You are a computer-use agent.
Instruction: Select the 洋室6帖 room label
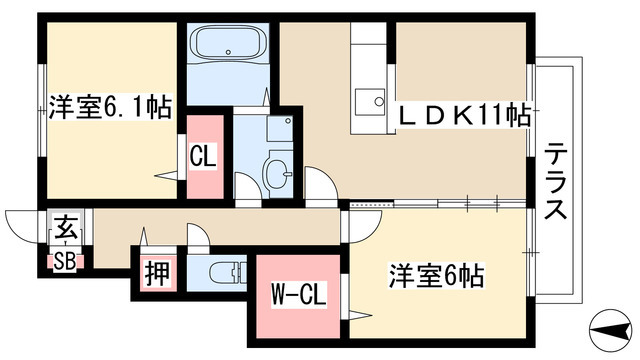click(x=438, y=274)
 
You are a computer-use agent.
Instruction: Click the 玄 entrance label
click(x=61, y=226)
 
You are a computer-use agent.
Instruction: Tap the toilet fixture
click(x=229, y=271)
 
